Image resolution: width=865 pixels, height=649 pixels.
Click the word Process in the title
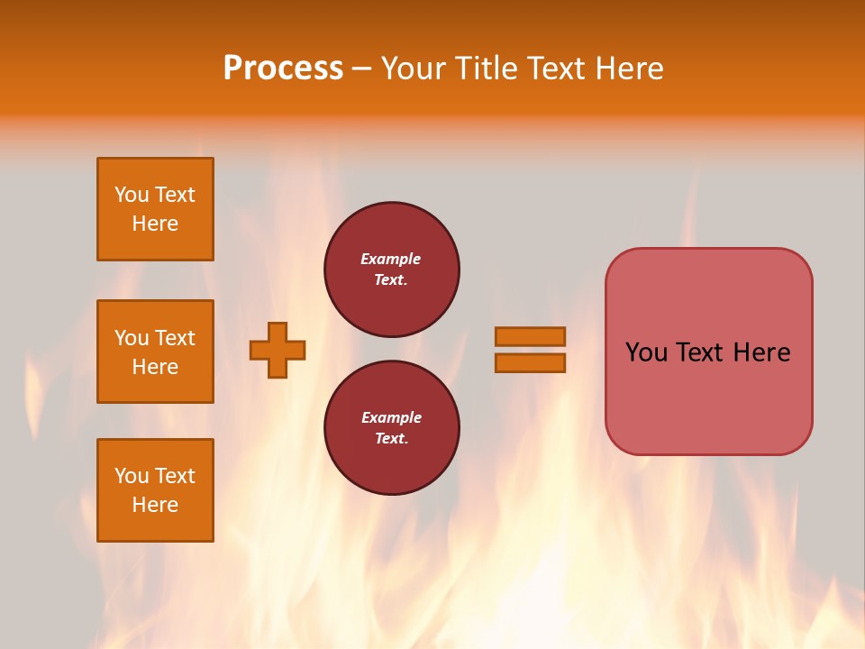point(283,69)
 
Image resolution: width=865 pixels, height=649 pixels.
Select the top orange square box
point(155,209)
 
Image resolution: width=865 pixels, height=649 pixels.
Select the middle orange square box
point(155,352)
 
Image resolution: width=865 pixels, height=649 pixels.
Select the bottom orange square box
point(155,490)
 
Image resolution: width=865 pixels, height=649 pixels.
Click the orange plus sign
point(278,350)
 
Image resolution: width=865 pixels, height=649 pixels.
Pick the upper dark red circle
point(392,270)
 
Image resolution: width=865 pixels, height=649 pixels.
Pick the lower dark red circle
point(392,428)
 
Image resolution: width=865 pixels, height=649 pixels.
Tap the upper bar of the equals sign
point(530,336)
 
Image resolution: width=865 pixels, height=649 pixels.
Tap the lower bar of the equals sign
point(530,362)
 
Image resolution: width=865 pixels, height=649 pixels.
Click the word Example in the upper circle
point(391,259)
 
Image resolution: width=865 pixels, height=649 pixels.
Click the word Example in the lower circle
point(391,417)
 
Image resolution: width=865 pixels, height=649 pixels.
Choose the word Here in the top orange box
point(155,224)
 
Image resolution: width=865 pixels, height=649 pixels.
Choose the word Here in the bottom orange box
point(155,505)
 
